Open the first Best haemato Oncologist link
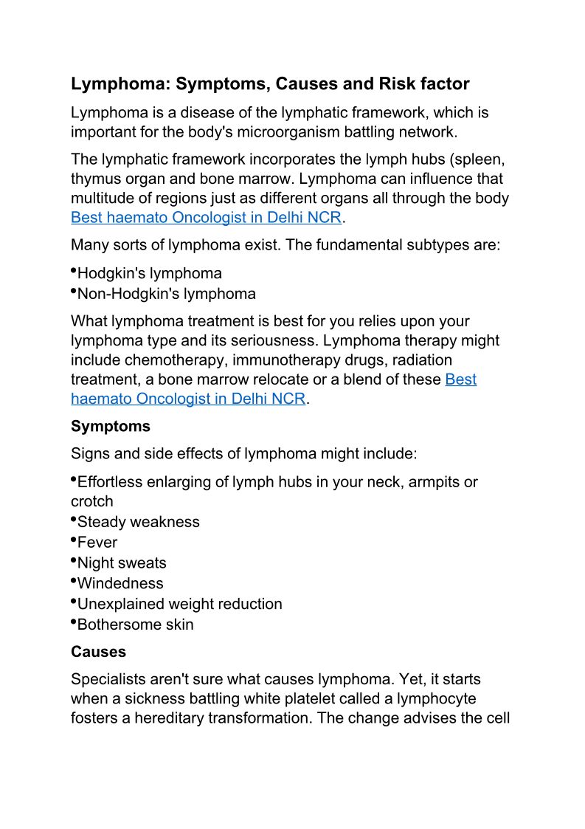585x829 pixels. pos(207,219)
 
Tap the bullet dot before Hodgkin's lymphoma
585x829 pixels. pos(74,271)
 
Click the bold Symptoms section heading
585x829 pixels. pos(111,427)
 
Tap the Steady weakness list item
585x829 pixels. pos(139,522)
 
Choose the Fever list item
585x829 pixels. pos(97,543)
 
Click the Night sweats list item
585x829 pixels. pos(122,563)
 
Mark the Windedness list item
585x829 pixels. pos(120,584)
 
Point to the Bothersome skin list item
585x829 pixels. pos(136,625)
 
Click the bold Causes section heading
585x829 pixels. pos(98,653)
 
